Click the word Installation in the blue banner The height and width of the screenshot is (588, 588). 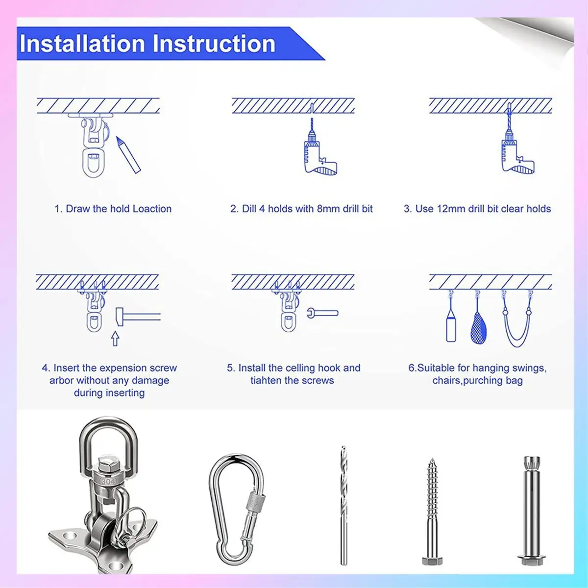click(82, 44)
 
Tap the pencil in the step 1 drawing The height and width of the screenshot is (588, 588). click(128, 155)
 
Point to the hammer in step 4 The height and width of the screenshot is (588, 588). click(138, 317)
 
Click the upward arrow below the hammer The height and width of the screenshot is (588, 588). click(115, 339)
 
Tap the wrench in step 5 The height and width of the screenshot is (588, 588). click(322, 313)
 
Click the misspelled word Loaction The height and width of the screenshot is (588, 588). click(152, 209)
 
